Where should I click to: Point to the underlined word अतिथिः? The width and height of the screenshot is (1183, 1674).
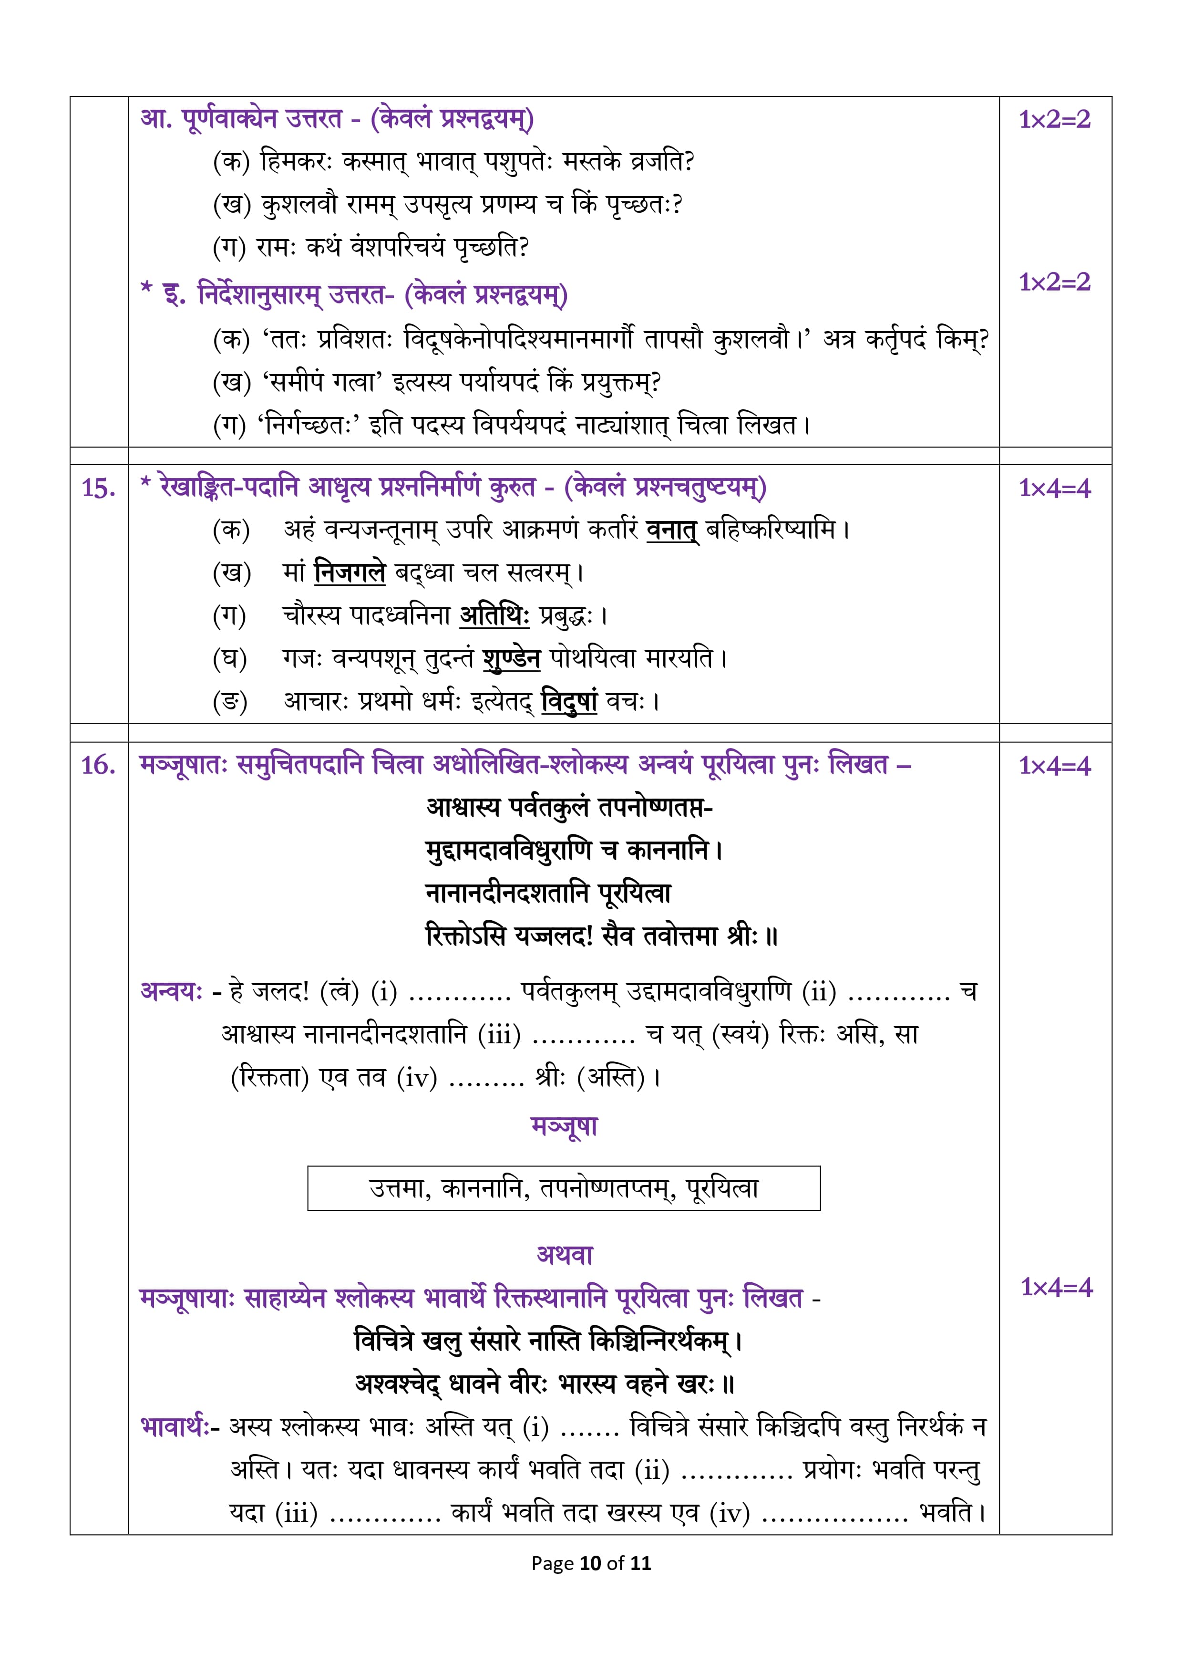click(494, 615)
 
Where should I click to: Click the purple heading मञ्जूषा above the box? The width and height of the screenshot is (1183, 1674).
click(564, 1126)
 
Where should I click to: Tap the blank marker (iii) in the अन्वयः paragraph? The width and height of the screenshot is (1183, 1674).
click(499, 1035)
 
